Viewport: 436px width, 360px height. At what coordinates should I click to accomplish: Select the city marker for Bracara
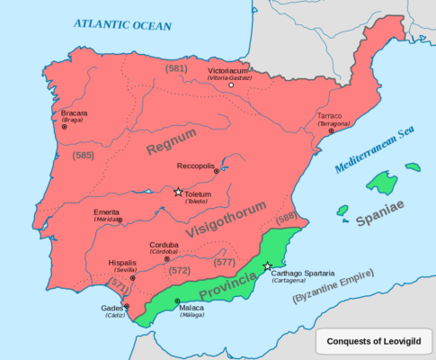[x=64, y=127]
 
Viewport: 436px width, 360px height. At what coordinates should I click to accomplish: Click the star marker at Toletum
[x=178, y=192]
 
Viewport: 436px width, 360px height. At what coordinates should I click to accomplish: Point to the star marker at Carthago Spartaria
[x=268, y=266]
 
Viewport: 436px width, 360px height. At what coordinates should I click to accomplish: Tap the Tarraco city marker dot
[x=331, y=131]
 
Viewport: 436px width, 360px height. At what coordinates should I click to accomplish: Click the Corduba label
[x=164, y=244]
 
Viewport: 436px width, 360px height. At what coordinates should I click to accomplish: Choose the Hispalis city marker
[x=132, y=278]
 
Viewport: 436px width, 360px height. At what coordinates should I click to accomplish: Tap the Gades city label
[x=112, y=309]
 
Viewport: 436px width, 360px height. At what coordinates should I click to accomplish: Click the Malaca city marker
[x=177, y=301]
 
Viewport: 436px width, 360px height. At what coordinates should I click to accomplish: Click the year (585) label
[x=83, y=156]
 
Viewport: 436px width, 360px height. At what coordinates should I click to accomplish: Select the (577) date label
[x=224, y=263]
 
